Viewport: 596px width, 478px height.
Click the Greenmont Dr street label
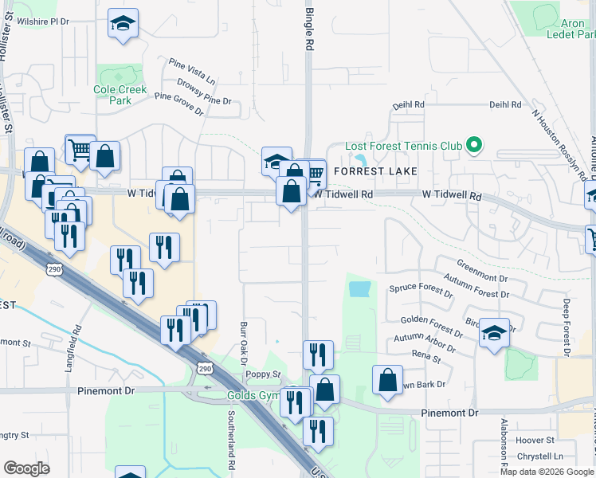tap(482, 270)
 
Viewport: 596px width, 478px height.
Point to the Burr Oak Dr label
tap(243, 342)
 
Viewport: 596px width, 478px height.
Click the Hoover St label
tap(535, 441)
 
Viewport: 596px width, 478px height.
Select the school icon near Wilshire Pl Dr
tap(124, 25)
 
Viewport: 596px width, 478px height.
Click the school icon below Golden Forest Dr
tap(495, 334)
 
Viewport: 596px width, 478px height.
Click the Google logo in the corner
tap(27, 468)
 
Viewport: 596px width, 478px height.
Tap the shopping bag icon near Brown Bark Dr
tap(387, 382)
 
